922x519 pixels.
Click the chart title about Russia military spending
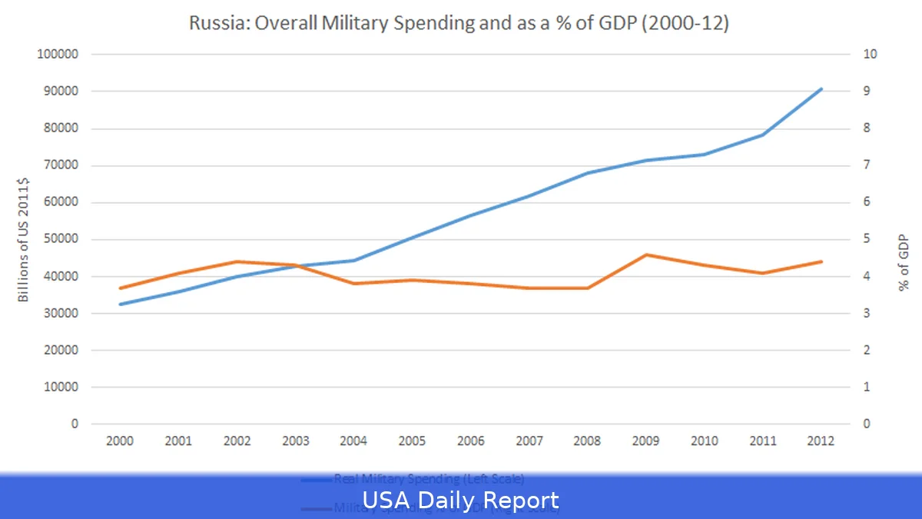pyautogui.click(x=459, y=23)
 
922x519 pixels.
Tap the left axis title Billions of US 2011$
pyautogui.click(x=24, y=238)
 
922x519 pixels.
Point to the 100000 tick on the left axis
pyautogui.click(x=58, y=55)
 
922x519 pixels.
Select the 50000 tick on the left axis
pyautogui.click(x=61, y=239)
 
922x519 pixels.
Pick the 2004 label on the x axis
pyautogui.click(x=354, y=441)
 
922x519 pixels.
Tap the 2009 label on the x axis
pyautogui.click(x=646, y=441)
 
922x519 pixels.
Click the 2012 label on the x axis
pyautogui.click(x=821, y=441)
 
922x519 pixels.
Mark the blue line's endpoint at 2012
pyautogui.click(x=821, y=89)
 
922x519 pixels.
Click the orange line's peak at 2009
pyautogui.click(x=646, y=255)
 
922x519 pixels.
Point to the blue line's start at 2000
pyautogui.click(x=121, y=304)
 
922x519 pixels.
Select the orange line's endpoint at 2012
pyautogui.click(x=821, y=261)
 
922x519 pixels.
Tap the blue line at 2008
pyautogui.click(x=588, y=173)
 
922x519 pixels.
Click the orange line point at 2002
pyautogui.click(x=237, y=261)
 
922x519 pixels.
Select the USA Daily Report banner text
pyautogui.click(x=460, y=501)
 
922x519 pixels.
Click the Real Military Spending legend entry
pyautogui.click(x=429, y=479)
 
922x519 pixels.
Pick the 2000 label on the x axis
pyautogui.click(x=121, y=441)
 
